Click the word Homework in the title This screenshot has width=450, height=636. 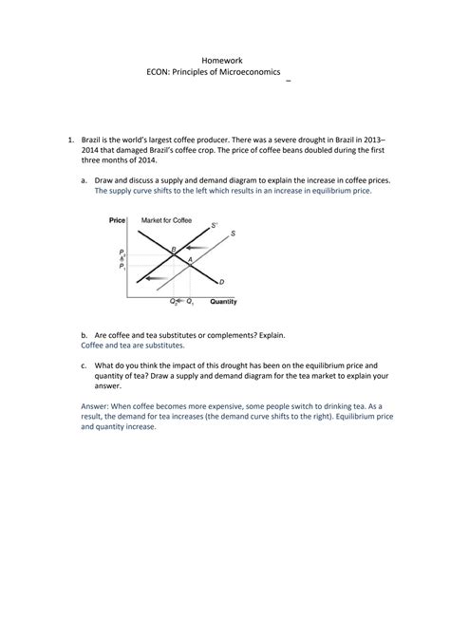(x=225, y=59)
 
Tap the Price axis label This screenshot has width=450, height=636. (x=118, y=220)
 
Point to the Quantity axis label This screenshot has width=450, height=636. (x=223, y=303)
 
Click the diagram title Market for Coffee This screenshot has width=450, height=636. (x=166, y=220)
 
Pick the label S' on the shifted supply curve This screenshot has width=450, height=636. (x=215, y=225)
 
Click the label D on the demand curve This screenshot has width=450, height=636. (x=221, y=282)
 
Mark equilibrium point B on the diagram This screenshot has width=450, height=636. (x=173, y=250)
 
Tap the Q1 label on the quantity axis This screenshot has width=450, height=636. (x=190, y=302)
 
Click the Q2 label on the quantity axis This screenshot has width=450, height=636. (x=174, y=302)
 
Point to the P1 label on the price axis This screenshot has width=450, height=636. (x=122, y=268)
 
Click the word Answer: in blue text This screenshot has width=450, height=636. (x=98, y=403)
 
